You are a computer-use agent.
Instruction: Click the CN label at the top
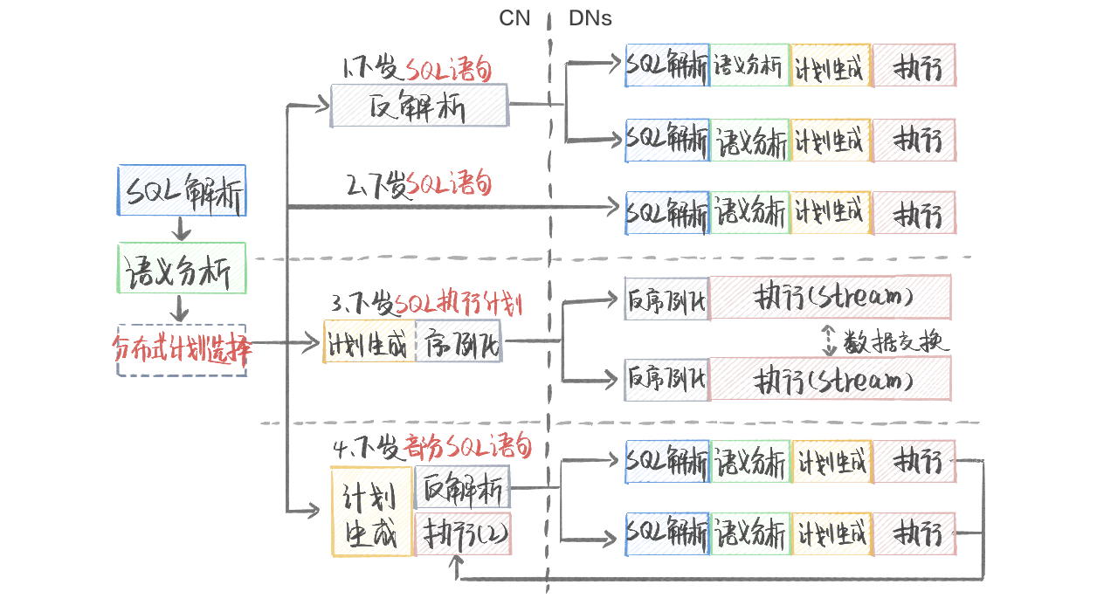(x=514, y=18)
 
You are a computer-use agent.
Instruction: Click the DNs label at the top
(x=590, y=18)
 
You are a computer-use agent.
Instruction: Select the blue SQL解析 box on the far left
(x=182, y=190)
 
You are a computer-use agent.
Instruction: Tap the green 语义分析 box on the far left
(x=182, y=268)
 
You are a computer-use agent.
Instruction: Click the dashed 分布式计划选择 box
(x=182, y=350)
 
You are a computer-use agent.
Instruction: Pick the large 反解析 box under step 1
(x=420, y=106)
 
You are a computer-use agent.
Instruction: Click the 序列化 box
(x=459, y=341)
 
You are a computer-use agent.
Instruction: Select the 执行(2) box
(x=463, y=533)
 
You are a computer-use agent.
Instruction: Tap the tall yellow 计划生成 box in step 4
(x=372, y=512)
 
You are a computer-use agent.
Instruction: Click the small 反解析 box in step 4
(x=462, y=487)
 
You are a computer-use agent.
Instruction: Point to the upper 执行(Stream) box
(x=831, y=298)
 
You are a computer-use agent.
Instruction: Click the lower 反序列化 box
(x=667, y=380)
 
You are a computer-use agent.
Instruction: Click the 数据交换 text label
(x=895, y=341)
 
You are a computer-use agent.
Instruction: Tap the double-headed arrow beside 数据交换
(x=829, y=340)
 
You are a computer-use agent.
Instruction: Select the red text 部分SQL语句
(x=467, y=446)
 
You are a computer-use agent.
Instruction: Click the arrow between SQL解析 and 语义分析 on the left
(x=181, y=229)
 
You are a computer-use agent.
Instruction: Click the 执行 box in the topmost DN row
(x=914, y=65)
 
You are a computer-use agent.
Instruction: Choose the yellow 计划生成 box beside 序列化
(x=369, y=341)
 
